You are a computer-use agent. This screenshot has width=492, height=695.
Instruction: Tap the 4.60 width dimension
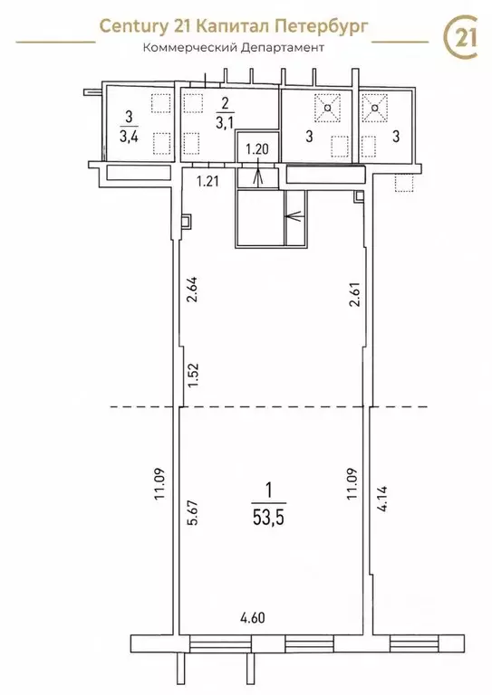coord(252,617)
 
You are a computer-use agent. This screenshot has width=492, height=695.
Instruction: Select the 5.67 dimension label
coord(193,512)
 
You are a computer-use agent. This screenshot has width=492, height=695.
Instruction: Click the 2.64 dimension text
coord(193,290)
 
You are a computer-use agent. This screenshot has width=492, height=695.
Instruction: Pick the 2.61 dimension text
coord(355,295)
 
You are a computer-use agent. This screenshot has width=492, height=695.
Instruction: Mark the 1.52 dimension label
coord(193,376)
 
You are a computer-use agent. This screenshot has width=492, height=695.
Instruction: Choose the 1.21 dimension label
coord(207,181)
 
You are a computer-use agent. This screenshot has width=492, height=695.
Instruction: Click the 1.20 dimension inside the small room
coord(257,149)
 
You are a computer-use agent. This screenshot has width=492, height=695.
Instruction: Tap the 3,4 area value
coord(129,136)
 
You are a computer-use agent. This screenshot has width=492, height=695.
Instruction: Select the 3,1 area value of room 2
coord(225,122)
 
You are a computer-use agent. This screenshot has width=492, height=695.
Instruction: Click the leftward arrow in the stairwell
coord(296,217)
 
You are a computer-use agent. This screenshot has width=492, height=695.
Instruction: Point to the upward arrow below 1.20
coord(257,173)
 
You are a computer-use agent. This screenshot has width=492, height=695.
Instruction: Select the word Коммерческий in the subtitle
coord(189,47)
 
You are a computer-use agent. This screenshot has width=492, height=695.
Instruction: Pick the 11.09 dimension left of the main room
coord(160,484)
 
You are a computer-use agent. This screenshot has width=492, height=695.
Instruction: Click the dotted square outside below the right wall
coord(403,183)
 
